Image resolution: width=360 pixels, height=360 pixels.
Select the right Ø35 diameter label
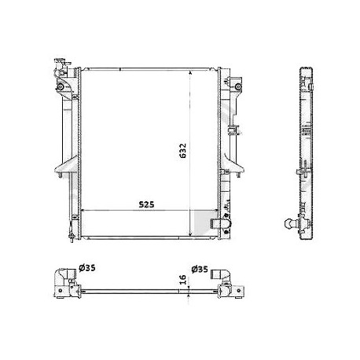point(200,269)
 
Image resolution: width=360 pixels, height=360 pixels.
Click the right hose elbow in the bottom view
point(226,283)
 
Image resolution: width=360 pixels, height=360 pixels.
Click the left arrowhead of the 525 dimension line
point(84,211)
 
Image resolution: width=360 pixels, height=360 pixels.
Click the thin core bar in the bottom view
point(141,292)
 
